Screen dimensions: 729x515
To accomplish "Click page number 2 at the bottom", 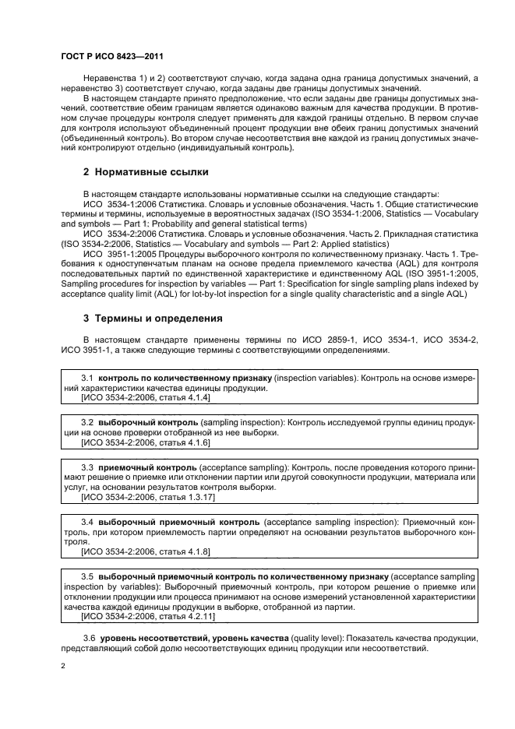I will [63, 665].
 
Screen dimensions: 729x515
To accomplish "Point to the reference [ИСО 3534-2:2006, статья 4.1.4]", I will [145, 397].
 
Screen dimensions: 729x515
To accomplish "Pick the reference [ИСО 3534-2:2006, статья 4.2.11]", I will [147, 615].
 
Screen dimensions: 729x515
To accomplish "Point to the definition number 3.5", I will [88, 575].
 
